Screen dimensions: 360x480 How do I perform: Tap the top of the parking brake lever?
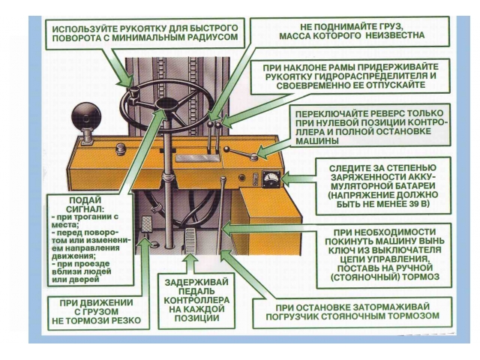(223, 181)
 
